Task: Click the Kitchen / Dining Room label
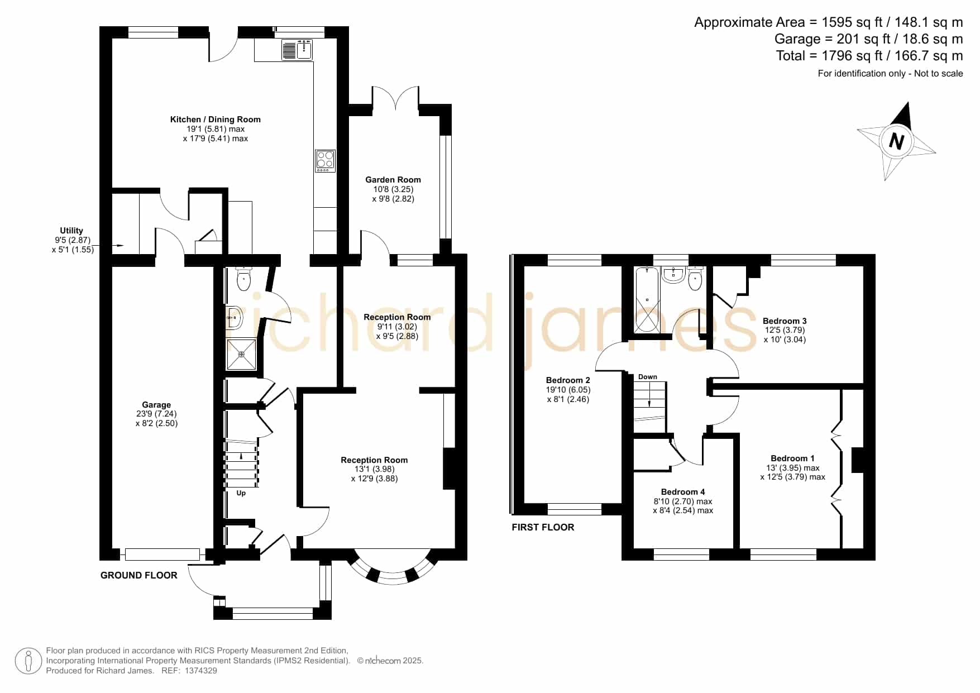coord(216,119)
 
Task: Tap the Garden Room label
coord(393,179)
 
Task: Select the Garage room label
coord(156,405)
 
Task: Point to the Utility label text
coord(71,230)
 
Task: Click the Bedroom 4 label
coord(683,492)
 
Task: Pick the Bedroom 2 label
coord(568,380)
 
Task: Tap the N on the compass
coord(896,141)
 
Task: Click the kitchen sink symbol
coord(297,50)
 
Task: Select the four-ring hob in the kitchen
coord(326,161)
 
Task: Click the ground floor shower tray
coord(241,354)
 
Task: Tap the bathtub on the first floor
coord(647,299)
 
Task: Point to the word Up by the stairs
coord(241,493)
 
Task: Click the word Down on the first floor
coord(648,377)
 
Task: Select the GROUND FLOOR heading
coord(139,575)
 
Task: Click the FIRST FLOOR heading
coord(543,527)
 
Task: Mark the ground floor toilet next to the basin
coord(243,279)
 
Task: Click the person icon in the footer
coord(28,661)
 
